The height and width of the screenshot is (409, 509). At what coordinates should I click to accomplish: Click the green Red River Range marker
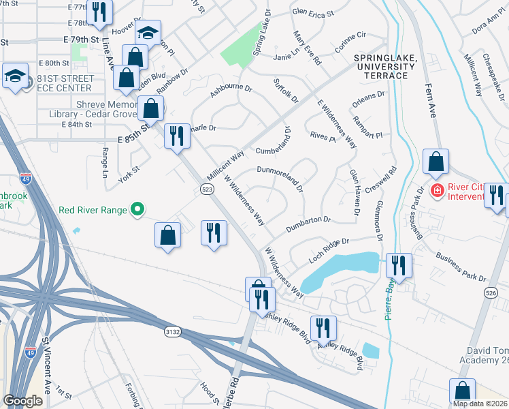pos(137,209)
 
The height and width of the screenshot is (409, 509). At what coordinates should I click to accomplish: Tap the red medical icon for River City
pos(437,190)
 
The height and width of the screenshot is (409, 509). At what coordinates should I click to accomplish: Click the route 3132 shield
pos(172,331)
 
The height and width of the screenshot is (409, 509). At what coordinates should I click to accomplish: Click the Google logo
pos(23,401)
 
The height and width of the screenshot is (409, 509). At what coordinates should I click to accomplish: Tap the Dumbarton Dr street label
pos(308,224)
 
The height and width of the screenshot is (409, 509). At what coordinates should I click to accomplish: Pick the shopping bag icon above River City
pos(436,162)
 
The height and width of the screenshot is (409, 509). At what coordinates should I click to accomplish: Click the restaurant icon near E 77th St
pos(99,12)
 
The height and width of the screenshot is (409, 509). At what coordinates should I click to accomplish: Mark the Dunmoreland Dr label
pos(280,176)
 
